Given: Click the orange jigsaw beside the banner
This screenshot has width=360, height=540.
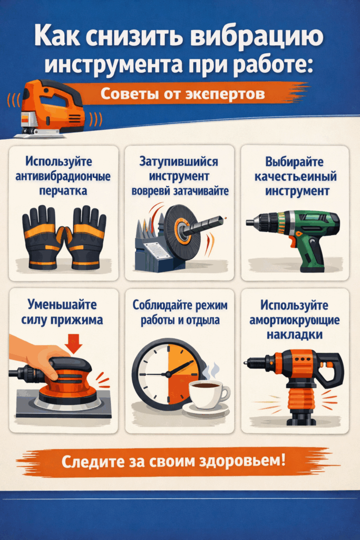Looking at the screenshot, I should point(50,108).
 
